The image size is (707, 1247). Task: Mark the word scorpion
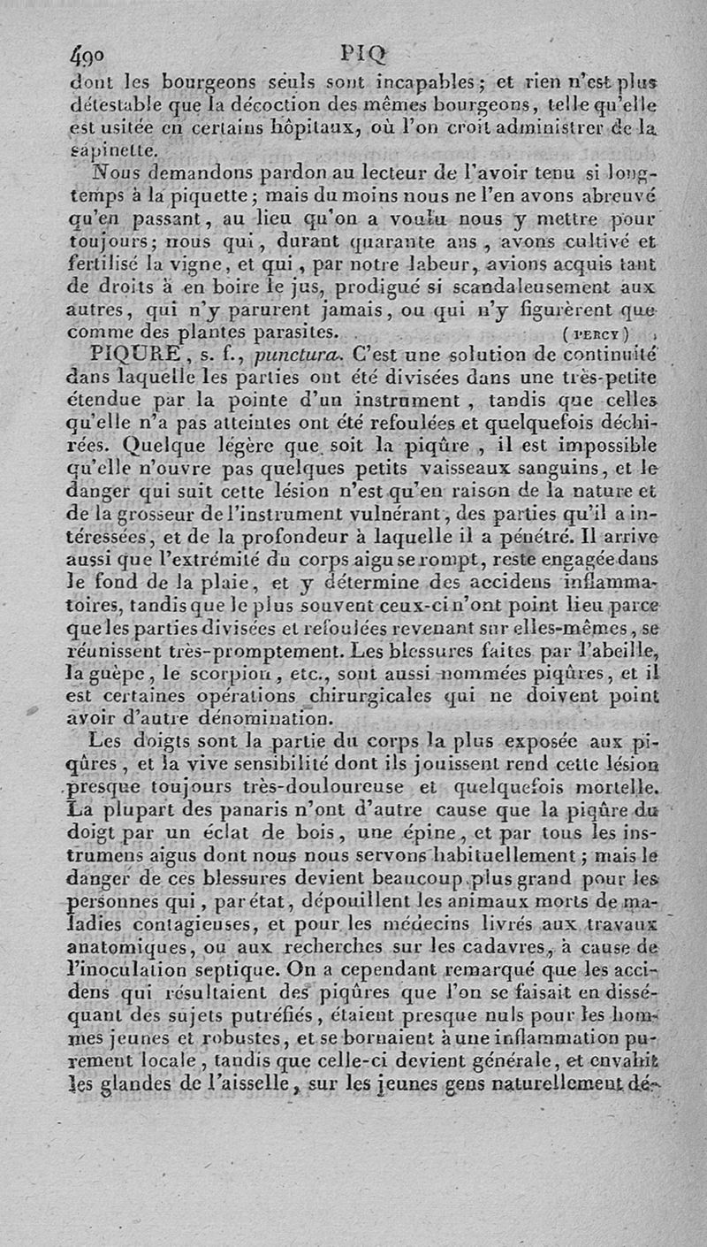[200, 675]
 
